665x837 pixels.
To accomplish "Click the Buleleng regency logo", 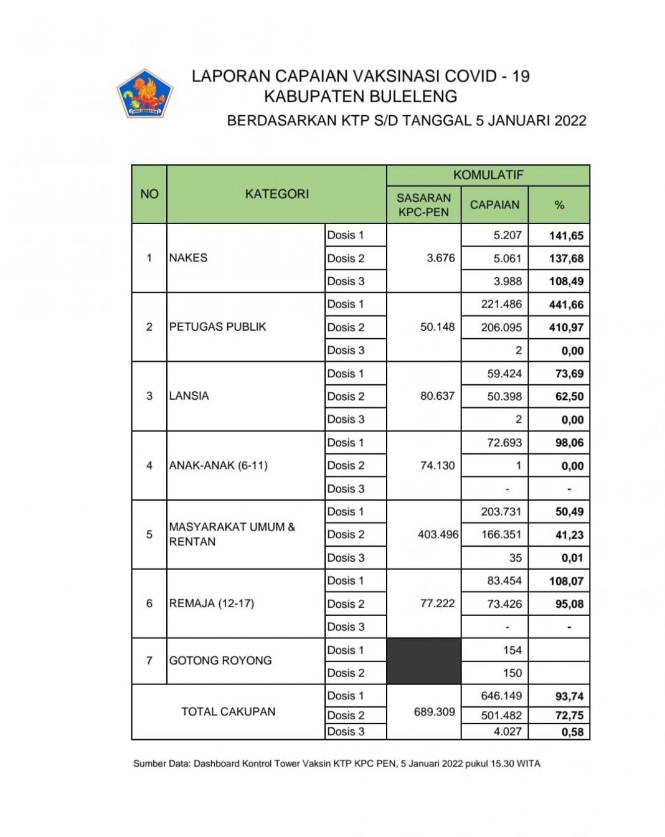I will [144, 93].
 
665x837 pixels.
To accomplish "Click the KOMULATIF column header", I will [488, 175].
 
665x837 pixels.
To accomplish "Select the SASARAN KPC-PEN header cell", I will [423, 205].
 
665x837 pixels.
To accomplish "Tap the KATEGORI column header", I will [276, 194].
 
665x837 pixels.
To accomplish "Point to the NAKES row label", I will [188, 258].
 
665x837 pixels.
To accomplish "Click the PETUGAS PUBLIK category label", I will [217, 327].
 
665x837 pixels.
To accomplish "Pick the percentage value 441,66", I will [566, 305].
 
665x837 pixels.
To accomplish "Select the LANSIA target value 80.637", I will [437, 396].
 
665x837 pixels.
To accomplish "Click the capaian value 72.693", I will [504, 443].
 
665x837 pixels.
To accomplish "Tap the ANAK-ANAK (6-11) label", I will [218, 465].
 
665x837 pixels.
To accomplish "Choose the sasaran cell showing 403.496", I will [438, 534].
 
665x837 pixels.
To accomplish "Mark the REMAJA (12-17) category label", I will [211, 603].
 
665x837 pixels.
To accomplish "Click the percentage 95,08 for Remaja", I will [566, 604].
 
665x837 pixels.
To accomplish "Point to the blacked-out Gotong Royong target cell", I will [423, 661].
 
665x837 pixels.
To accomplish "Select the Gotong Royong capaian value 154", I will [512, 650].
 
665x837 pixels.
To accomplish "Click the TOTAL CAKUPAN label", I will [228, 712].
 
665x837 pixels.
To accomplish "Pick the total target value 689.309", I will [434, 712].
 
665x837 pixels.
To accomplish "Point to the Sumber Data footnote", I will [336, 764].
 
